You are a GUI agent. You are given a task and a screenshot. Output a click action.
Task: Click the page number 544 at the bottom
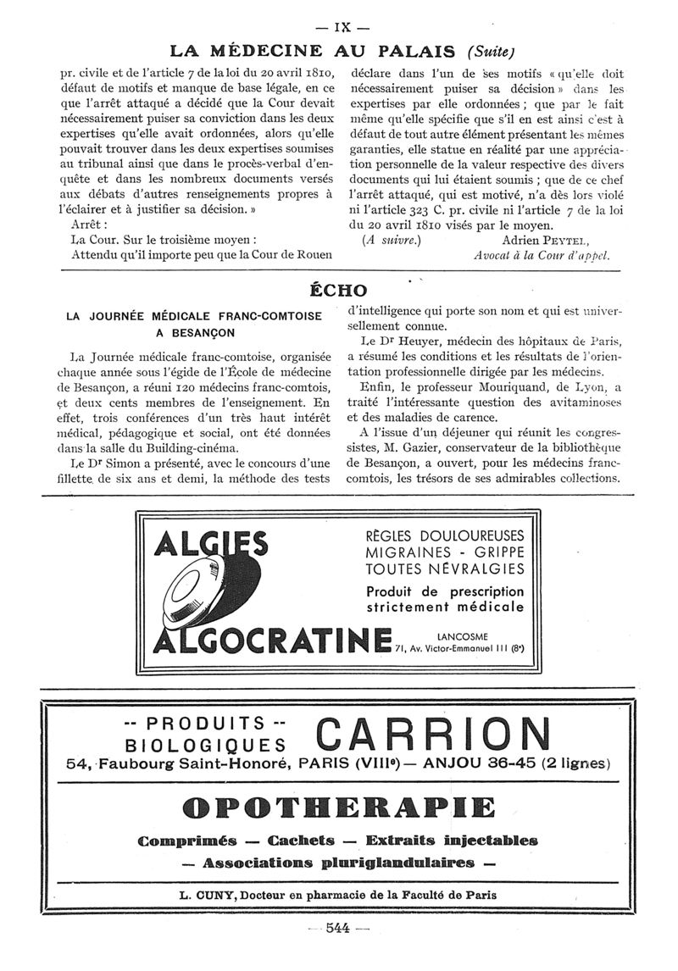click(x=337, y=928)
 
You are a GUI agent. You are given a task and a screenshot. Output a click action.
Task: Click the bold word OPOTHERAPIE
click(x=338, y=806)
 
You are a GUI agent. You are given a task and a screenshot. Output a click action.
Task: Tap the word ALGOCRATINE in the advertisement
click(x=270, y=641)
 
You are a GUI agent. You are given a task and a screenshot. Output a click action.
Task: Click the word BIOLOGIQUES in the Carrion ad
click(x=204, y=745)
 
